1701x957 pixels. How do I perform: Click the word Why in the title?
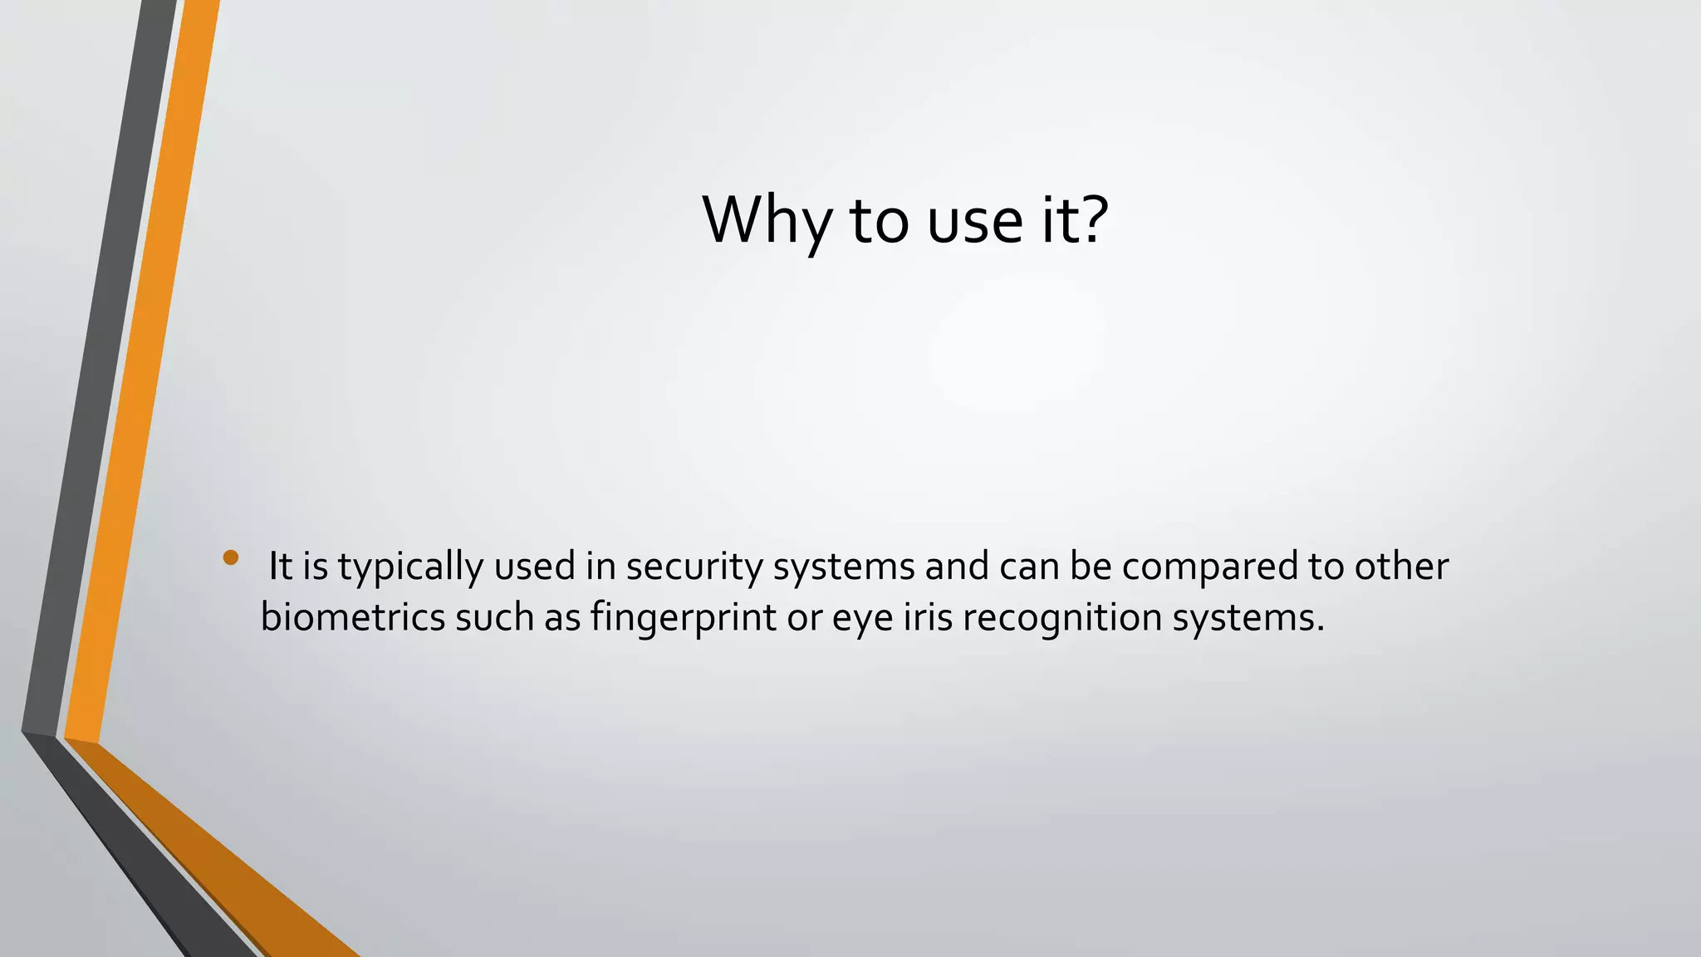pyautogui.click(x=766, y=220)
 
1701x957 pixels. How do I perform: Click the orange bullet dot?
pyautogui.click(x=231, y=557)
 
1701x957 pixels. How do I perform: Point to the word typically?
pyautogui.click(x=410, y=568)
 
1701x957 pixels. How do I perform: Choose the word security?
pyautogui.click(x=694, y=567)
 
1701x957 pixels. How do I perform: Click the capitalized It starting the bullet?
pyautogui.click(x=280, y=567)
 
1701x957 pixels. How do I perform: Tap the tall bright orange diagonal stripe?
pyautogui.click(x=141, y=374)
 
